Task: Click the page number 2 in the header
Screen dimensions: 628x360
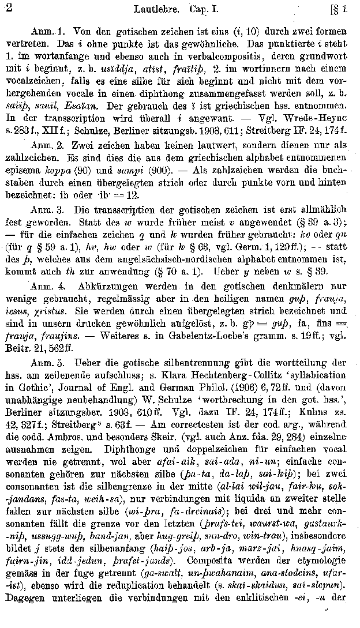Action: pyautogui.click(x=7, y=8)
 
